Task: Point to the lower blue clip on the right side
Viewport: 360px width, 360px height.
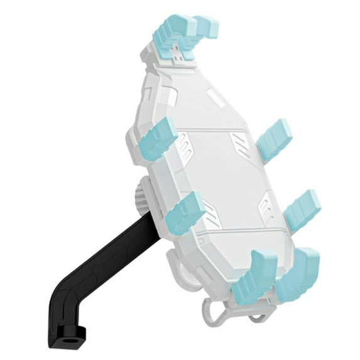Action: point(302,207)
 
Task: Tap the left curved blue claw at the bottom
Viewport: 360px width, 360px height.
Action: point(255,276)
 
